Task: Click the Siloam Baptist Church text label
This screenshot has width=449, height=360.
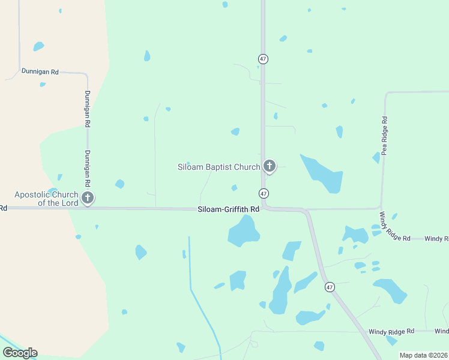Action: (x=218, y=167)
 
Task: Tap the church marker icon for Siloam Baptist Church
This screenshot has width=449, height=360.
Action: (x=270, y=166)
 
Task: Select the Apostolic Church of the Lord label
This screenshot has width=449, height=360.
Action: (x=46, y=199)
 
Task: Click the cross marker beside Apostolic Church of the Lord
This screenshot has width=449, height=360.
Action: (x=88, y=197)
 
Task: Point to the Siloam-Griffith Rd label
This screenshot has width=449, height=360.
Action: (x=229, y=209)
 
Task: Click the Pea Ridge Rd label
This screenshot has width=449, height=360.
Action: (x=384, y=136)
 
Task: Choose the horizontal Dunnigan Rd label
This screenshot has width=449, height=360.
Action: (x=40, y=71)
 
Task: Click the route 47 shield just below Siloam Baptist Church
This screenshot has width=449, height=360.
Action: (x=264, y=193)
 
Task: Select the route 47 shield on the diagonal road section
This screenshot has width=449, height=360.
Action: (x=330, y=287)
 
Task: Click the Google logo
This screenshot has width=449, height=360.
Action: (x=20, y=353)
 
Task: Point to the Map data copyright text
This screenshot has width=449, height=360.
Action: (x=423, y=355)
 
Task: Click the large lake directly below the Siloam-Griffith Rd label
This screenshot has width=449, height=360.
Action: (x=243, y=231)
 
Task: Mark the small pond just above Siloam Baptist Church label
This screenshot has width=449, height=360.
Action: (x=235, y=131)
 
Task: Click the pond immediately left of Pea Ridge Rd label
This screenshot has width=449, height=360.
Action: (x=376, y=158)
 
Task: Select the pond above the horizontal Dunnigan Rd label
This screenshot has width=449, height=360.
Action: (x=38, y=46)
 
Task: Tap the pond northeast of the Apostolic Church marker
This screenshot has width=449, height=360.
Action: (x=119, y=184)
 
